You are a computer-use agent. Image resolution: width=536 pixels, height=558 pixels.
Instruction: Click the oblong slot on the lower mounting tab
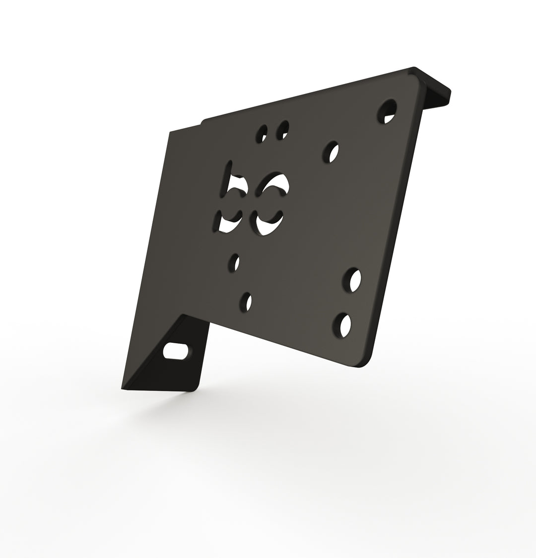click(x=176, y=351)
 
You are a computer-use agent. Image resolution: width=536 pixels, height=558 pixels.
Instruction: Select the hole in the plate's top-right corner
click(x=387, y=111)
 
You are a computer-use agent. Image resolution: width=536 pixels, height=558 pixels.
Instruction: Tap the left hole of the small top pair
click(x=262, y=133)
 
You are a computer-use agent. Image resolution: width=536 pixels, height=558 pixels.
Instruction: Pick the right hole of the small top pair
click(x=282, y=130)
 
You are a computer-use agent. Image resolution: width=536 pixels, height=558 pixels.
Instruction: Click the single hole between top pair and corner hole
click(x=331, y=152)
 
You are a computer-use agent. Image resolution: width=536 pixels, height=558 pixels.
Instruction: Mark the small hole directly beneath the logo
click(x=234, y=262)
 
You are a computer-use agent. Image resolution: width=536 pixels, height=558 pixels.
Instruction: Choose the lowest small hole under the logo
click(x=246, y=302)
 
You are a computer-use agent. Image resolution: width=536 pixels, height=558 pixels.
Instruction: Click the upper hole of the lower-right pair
click(x=352, y=280)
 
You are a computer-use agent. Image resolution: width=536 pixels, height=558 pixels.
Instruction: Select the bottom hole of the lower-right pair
click(x=342, y=325)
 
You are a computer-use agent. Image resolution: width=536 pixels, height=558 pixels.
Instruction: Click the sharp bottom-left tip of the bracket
click(x=123, y=388)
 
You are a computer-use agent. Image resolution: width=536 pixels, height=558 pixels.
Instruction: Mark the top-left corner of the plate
click(x=170, y=133)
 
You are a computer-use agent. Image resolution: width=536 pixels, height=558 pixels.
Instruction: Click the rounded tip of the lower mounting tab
click(x=194, y=387)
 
